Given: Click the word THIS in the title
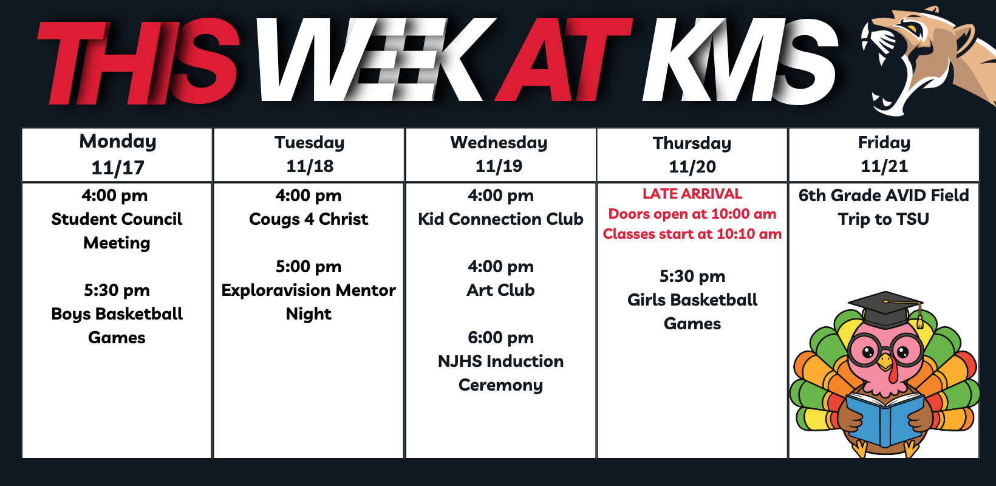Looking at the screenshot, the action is tap(138, 61).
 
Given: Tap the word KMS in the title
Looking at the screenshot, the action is tap(740, 61).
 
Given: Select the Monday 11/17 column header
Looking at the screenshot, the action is tap(117, 155).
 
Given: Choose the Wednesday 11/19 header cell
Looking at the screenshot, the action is tap(500, 155).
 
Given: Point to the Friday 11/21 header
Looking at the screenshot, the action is tap(884, 155).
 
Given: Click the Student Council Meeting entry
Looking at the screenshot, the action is tap(117, 231).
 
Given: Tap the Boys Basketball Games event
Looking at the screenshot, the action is tap(117, 326).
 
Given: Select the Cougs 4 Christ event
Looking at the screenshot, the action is tap(309, 219).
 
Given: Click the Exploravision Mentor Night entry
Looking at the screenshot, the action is tap(309, 302).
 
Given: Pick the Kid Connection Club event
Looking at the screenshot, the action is tap(500, 219).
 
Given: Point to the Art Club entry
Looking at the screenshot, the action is tap(500, 290).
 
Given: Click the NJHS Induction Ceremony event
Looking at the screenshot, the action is tap(500, 373).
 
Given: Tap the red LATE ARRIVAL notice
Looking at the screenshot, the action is tap(692, 194).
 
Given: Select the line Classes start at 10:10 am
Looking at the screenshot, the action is tap(692, 234).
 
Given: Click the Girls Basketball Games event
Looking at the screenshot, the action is tap(692, 312).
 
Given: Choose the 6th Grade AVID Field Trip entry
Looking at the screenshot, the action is tap(884, 207).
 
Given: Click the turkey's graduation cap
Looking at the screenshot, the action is tap(885, 310).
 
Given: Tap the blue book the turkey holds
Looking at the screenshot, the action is tap(884, 420).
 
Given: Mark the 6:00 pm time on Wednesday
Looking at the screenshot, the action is tap(500, 338).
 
